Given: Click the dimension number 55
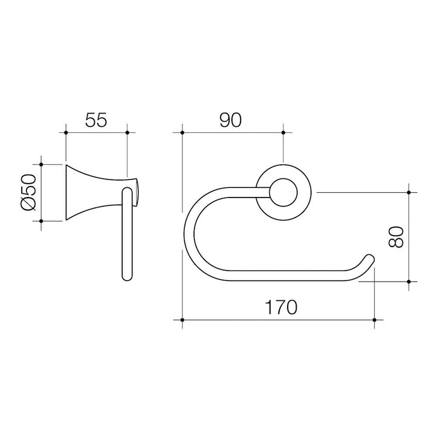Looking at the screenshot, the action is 95,120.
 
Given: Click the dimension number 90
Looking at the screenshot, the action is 231,120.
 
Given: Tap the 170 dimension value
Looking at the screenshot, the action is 281,307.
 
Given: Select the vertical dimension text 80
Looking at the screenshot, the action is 396,237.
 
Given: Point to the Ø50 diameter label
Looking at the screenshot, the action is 28,192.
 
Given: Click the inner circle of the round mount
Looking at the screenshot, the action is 283,192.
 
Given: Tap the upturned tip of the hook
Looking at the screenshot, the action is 370,259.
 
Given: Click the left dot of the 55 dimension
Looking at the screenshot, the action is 66,132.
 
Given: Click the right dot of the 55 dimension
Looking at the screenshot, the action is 127,132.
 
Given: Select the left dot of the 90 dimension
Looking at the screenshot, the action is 182,132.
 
